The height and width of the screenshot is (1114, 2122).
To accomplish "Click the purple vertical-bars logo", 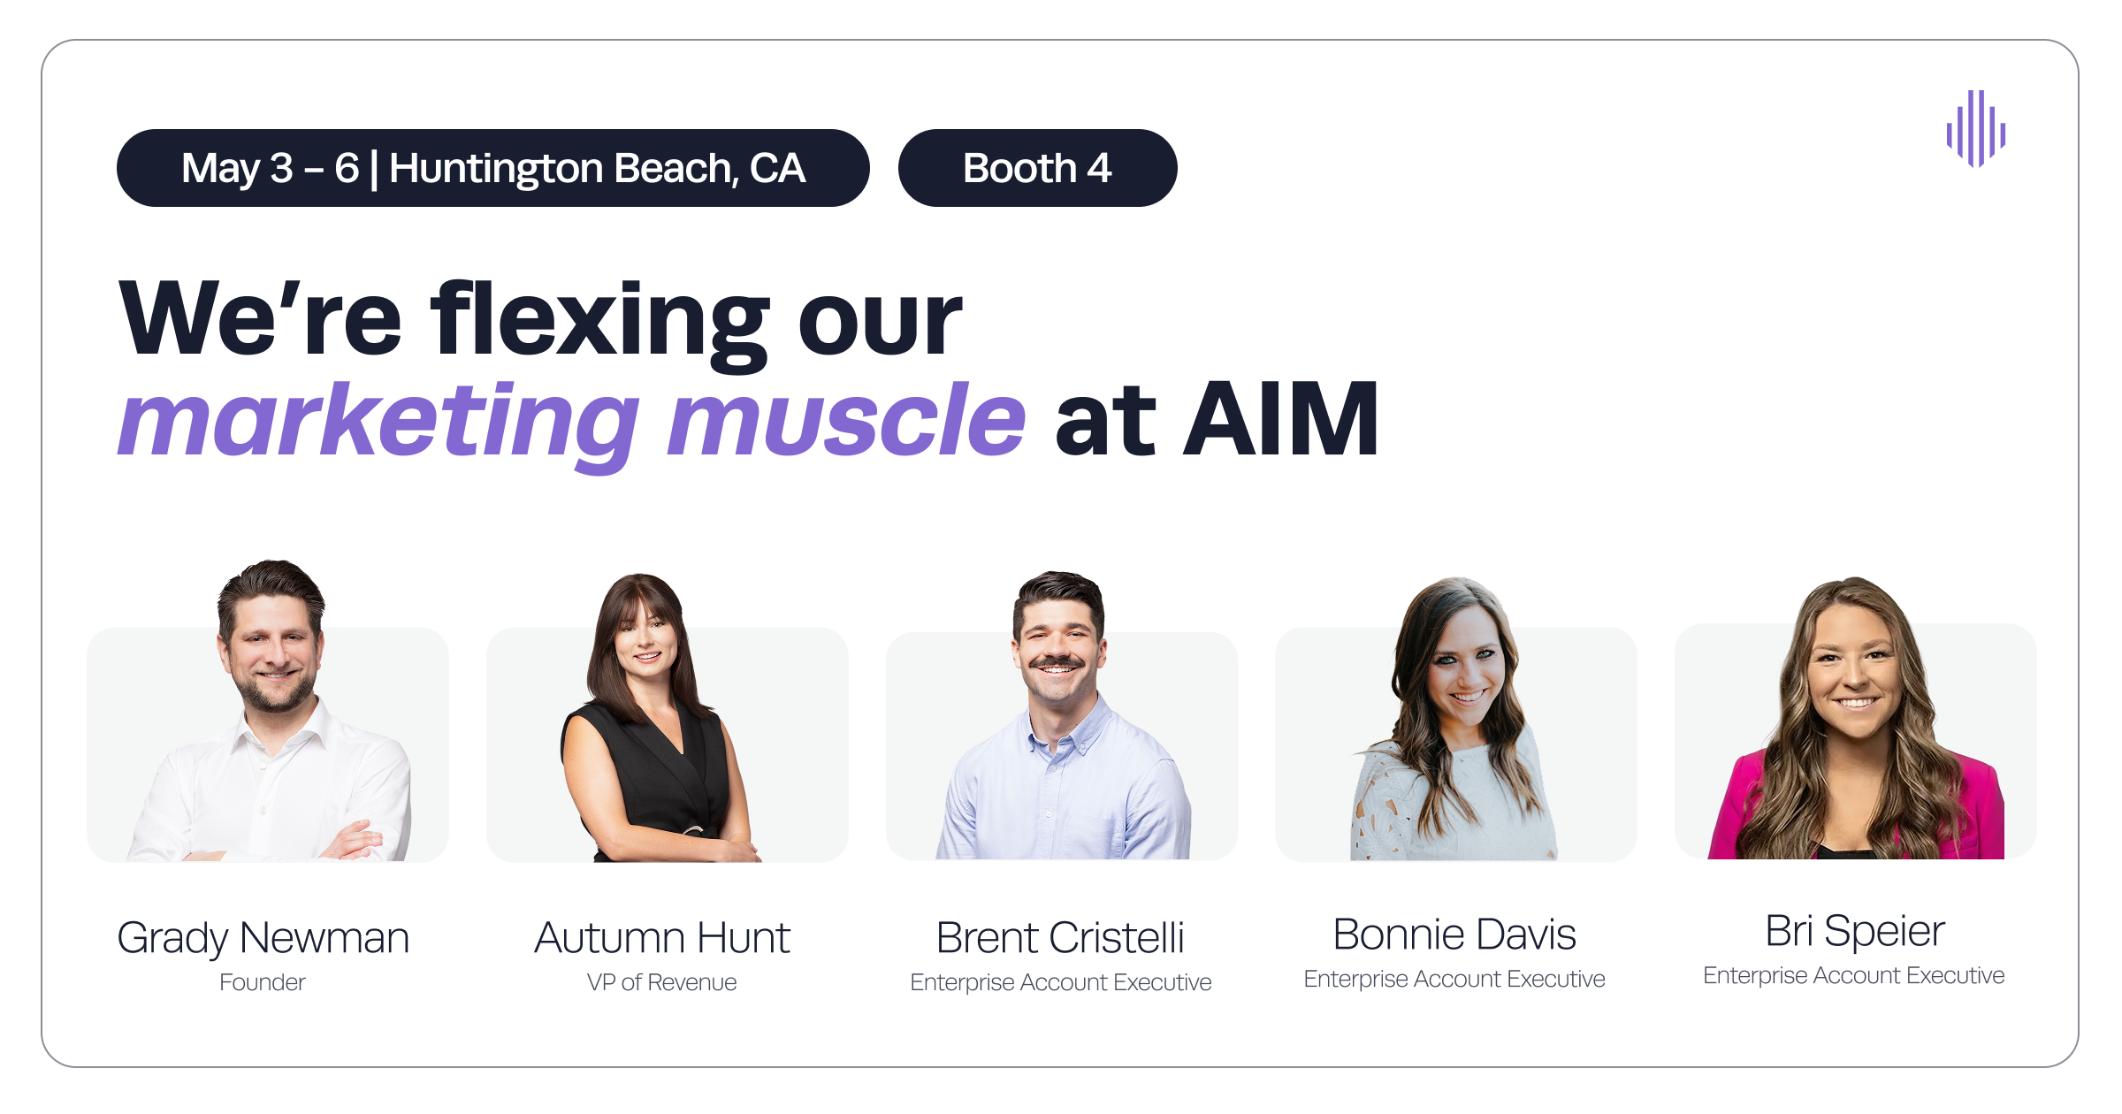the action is pyautogui.click(x=1975, y=129).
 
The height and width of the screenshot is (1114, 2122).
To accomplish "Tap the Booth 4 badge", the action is pyautogui.click(x=1037, y=168).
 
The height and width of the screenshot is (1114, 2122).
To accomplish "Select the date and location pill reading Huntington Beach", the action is pyautogui.click(x=492, y=168).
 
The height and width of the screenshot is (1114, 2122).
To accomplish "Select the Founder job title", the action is pyautogui.click(x=263, y=982).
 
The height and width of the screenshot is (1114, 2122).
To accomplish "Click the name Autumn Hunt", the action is pyautogui.click(x=662, y=937).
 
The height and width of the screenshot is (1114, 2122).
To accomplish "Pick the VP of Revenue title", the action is pyautogui.click(x=662, y=982).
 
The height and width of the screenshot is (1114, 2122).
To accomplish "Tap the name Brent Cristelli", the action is pyautogui.click(x=1060, y=937).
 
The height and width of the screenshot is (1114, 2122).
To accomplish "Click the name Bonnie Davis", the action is pyautogui.click(x=1454, y=934).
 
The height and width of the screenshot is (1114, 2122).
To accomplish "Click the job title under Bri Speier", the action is pyautogui.click(x=1854, y=975).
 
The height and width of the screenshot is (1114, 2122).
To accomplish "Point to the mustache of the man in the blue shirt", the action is pyautogui.click(x=1058, y=661).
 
